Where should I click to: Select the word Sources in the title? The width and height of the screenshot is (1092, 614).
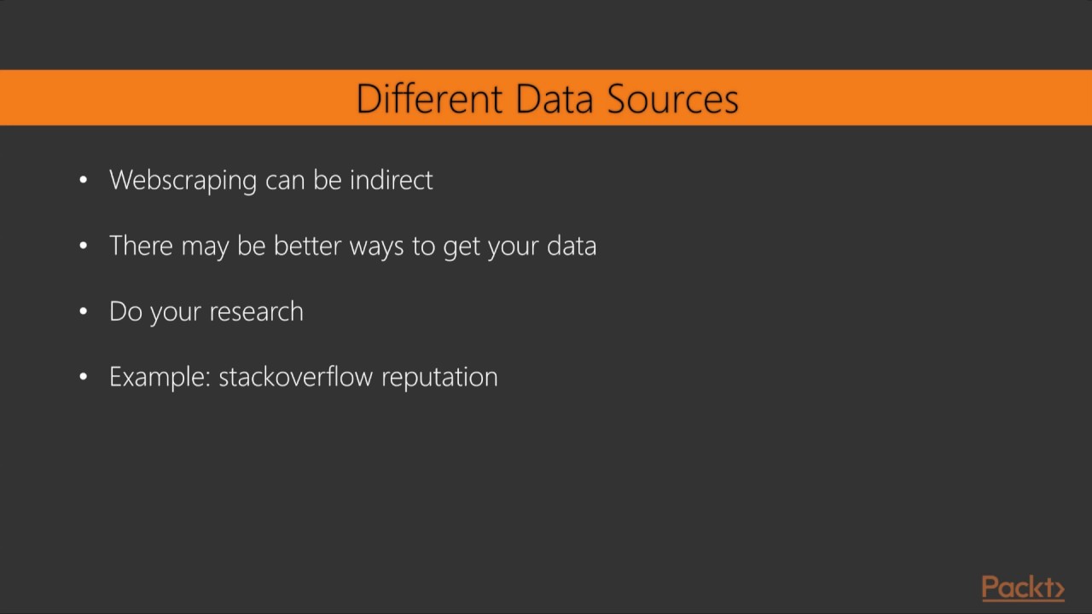[x=673, y=99]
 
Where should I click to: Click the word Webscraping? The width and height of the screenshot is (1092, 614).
[x=183, y=181]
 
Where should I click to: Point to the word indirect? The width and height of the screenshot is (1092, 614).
[x=391, y=180]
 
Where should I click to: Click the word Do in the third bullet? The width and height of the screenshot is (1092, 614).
[x=125, y=311]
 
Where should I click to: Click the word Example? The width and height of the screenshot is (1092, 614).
[x=160, y=377]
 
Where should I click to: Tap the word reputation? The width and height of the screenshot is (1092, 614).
[x=439, y=378]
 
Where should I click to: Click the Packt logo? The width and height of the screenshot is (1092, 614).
[x=1023, y=588]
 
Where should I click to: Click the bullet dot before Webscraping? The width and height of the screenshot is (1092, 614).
[x=83, y=180]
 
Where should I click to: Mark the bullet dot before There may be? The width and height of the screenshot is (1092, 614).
[x=83, y=246]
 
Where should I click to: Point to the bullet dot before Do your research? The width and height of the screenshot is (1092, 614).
[x=83, y=311]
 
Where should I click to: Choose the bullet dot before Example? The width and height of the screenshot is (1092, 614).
[x=83, y=377]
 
